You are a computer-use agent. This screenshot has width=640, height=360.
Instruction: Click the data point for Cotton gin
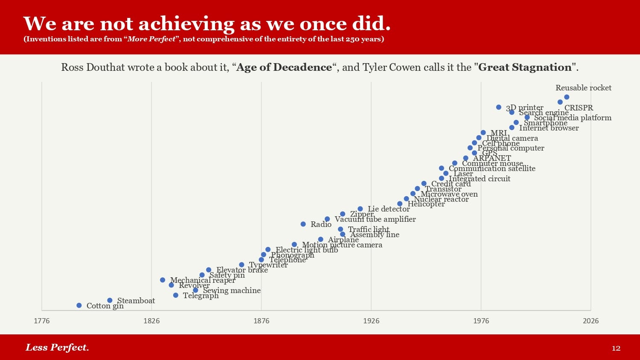pos(79,305)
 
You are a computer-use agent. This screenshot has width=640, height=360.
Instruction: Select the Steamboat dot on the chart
pos(110,300)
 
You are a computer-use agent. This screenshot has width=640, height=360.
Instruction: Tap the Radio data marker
pos(303,224)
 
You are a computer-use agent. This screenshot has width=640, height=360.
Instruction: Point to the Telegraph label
pos(201,295)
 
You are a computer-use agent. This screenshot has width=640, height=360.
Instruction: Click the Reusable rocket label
pos(583,88)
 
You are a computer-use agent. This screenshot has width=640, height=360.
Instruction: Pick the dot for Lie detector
pos(360,209)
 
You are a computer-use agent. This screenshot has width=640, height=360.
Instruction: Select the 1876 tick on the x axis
pos(262,321)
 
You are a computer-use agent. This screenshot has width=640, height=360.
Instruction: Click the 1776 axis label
pos(42,321)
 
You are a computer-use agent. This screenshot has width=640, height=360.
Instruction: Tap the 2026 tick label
pos(591,321)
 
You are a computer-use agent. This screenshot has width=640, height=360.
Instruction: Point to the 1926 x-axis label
pos(371,321)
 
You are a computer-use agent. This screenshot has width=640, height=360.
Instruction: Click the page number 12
pos(616,348)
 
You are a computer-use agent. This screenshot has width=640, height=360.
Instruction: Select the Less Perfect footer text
pos(57,347)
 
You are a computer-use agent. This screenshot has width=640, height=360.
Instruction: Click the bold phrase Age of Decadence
pos(284,67)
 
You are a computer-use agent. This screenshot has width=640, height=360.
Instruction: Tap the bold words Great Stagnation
pos(525,67)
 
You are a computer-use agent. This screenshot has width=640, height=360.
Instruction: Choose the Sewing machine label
pos(232,290)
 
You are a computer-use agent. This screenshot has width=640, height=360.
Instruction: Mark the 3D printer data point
pos(498,107)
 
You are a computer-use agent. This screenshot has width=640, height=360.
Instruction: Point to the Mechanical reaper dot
pos(163,280)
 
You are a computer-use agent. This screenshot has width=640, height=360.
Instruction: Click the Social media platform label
pos(573,118)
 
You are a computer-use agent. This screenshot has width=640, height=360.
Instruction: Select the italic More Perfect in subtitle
pos(151,39)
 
